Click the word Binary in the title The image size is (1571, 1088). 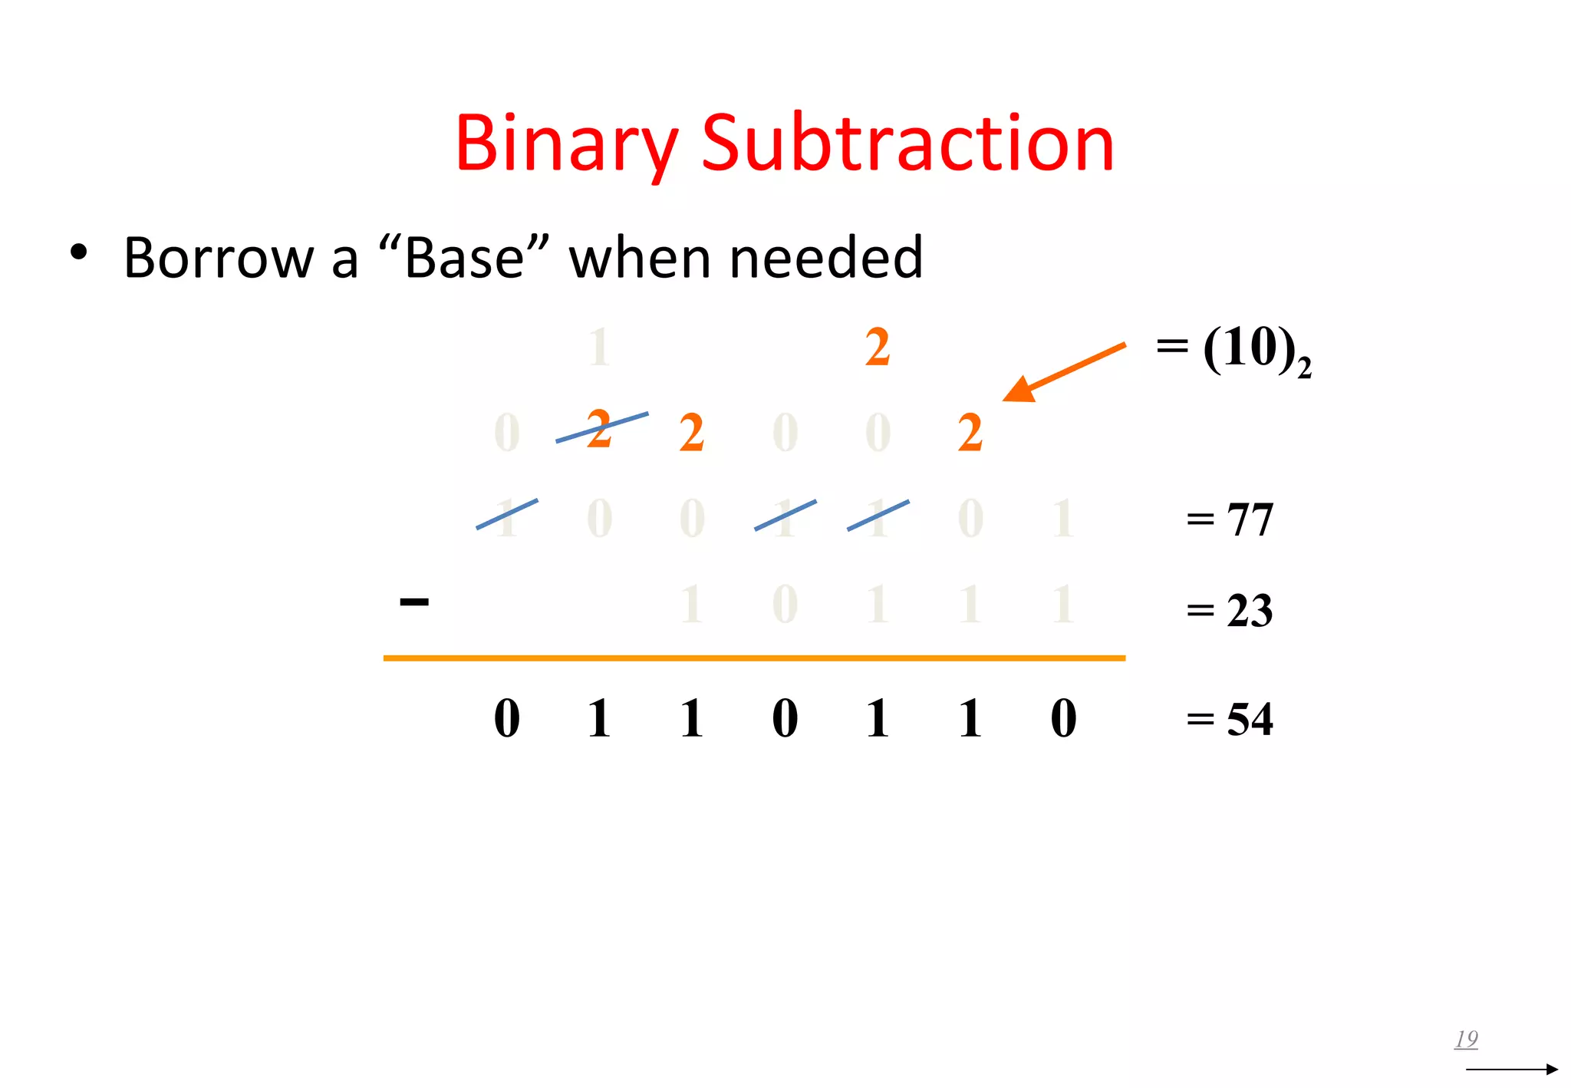pyautogui.click(x=566, y=143)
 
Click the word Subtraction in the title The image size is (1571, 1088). pyautogui.click(x=907, y=143)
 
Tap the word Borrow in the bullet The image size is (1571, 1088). pyautogui.click(x=219, y=258)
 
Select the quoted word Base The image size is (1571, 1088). pyautogui.click(x=464, y=258)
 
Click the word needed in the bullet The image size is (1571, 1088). pyautogui.click(x=826, y=258)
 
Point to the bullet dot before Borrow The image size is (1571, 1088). pyautogui.click(x=78, y=252)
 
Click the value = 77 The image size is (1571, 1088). pyautogui.click(x=1230, y=519)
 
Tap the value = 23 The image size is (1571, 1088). pyautogui.click(x=1230, y=612)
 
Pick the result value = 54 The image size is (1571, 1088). pyautogui.click(x=1230, y=720)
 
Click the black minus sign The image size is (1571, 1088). pyautogui.click(x=414, y=602)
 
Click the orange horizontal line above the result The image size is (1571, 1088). pyautogui.click(x=754, y=658)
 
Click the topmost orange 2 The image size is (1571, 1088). pyautogui.click(x=878, y=348)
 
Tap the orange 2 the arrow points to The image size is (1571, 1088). pyautogui.click(x=970, y=433)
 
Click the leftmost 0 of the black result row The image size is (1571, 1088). pyautogui.click(x=507, y=719)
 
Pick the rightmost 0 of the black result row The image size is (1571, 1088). pyautogui.click(x=1063, y=719)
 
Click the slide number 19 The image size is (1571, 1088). pyautogui.click(x=1466, y=1039)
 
